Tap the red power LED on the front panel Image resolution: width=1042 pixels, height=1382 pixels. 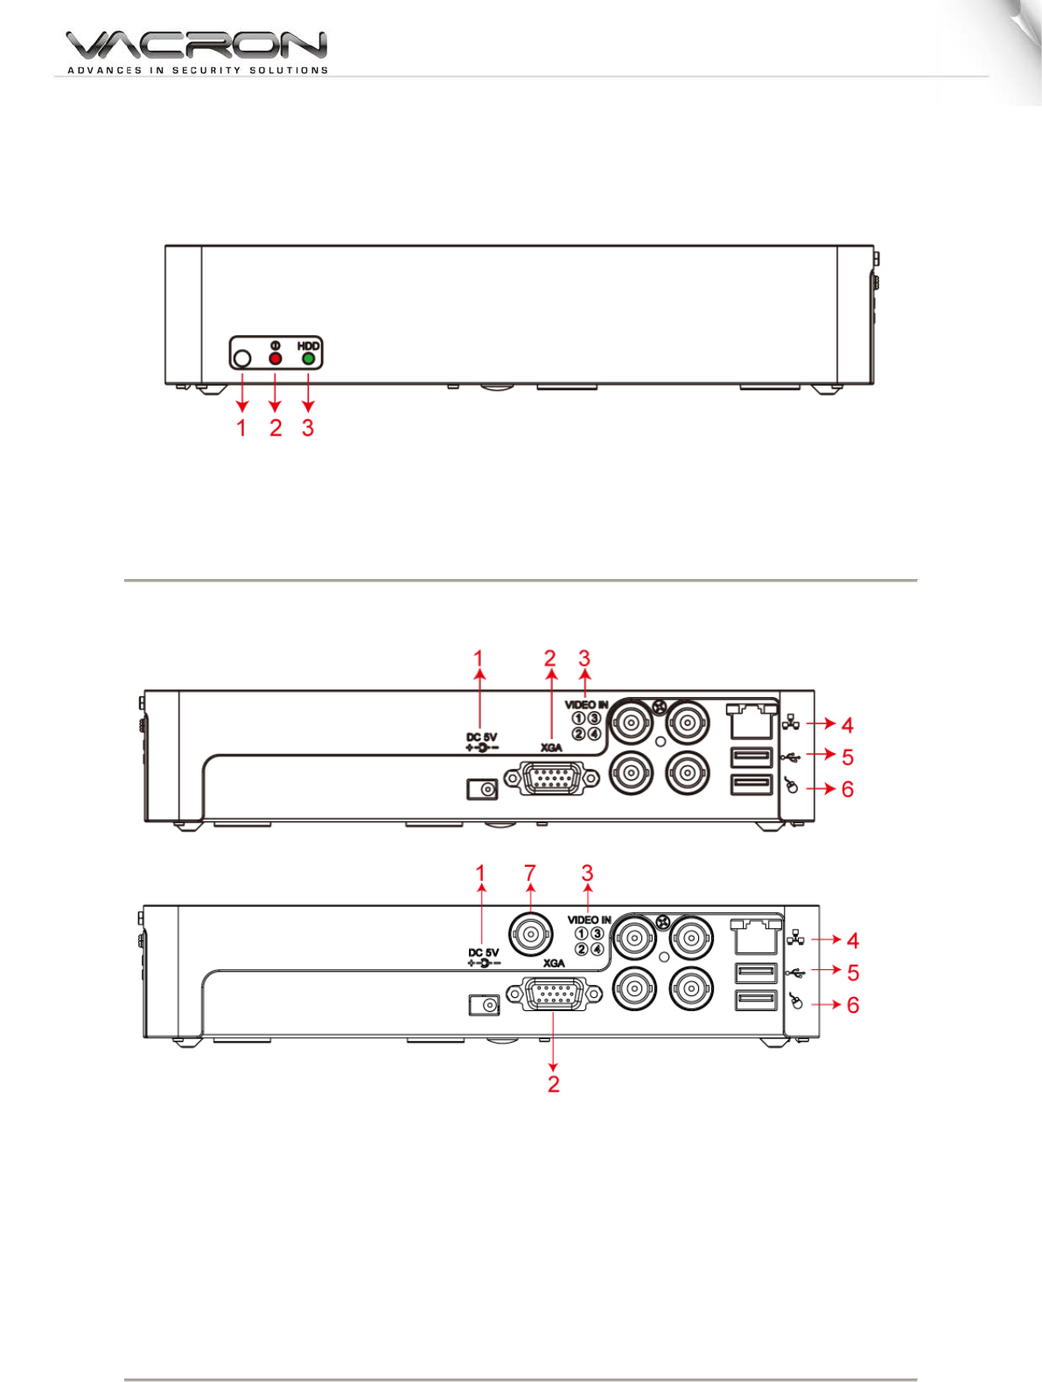point(275,359)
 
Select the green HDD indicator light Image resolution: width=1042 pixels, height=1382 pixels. point(309,359)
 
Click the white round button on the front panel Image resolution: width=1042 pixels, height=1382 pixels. point(241,359)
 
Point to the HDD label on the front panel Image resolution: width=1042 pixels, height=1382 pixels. point(309,346)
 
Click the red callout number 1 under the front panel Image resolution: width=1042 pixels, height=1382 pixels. point(241,428)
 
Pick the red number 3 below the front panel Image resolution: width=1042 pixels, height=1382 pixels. point(307,428)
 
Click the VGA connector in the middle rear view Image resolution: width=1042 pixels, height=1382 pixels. point(551,778)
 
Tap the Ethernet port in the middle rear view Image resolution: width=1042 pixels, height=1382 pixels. point(752,722)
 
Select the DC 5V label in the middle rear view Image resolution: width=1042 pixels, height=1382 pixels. point(482,737)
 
